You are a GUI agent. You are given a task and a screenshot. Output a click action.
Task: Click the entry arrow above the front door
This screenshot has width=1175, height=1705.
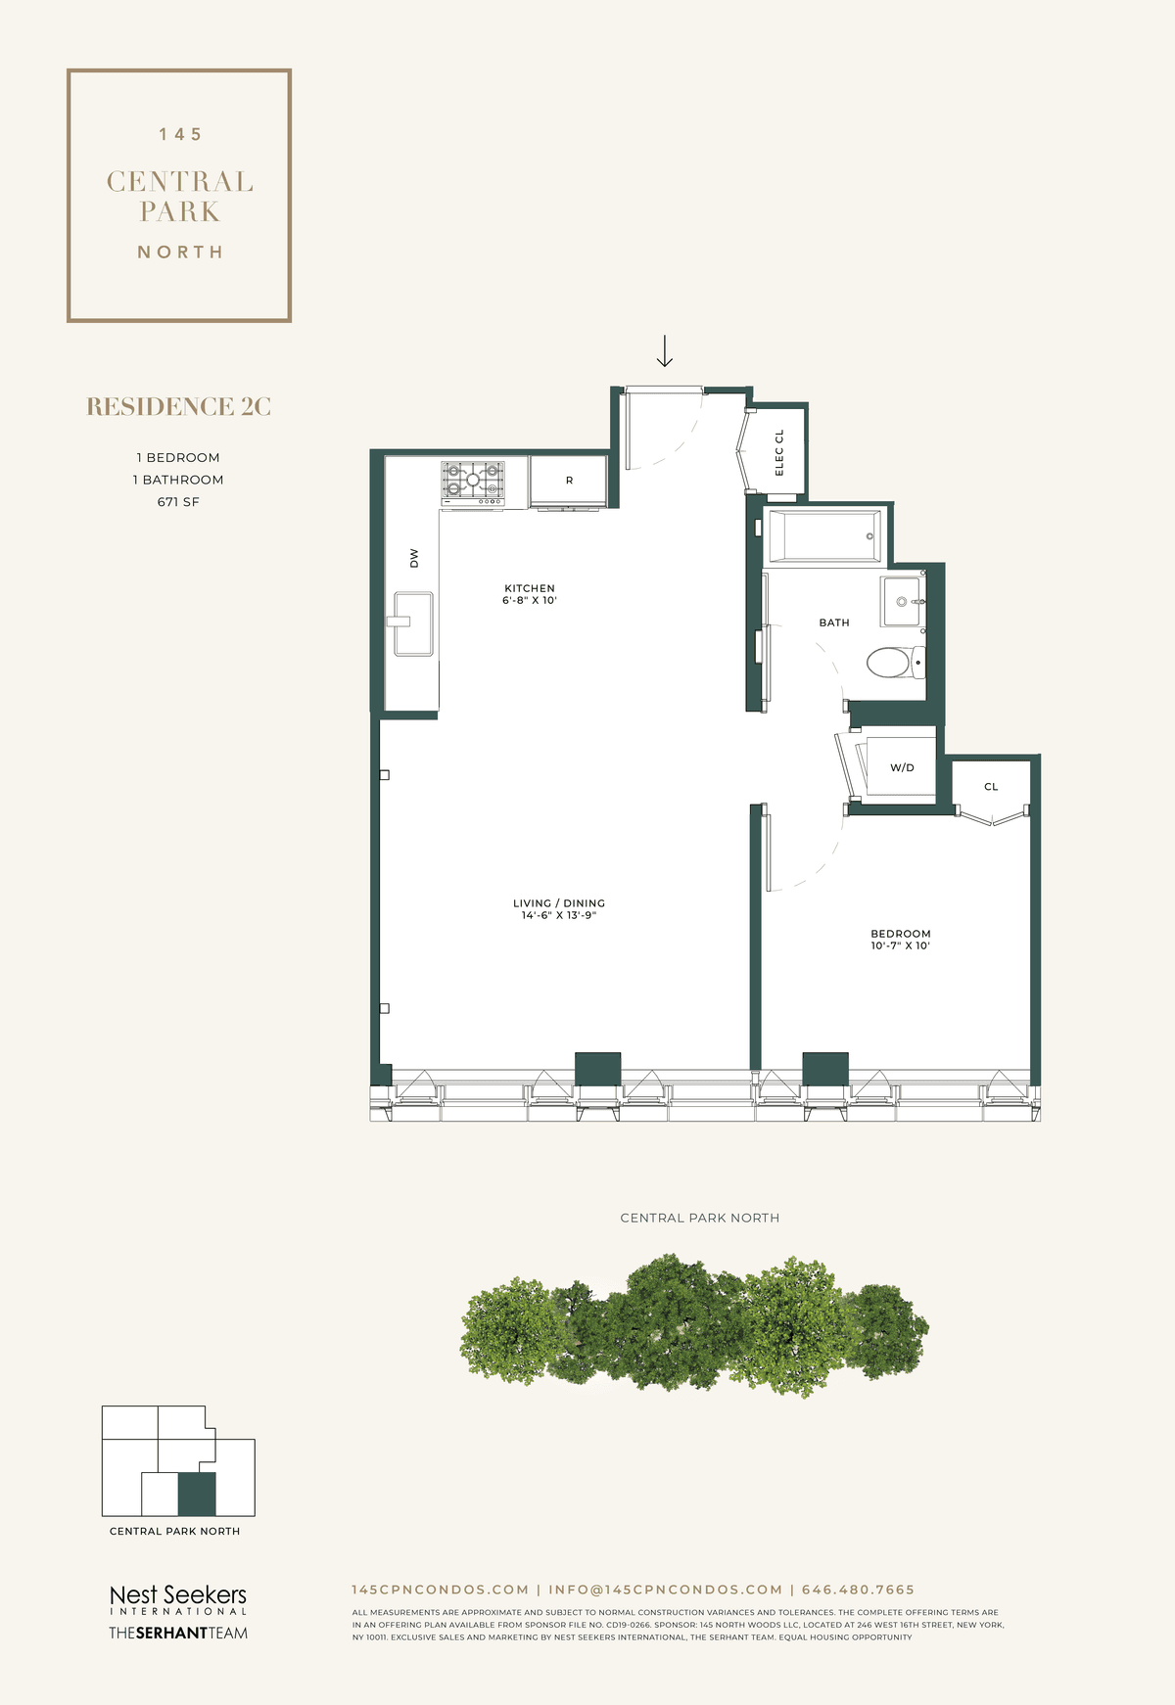pos(665,351)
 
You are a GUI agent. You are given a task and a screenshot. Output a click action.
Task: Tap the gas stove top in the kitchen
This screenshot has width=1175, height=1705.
pos(473,481)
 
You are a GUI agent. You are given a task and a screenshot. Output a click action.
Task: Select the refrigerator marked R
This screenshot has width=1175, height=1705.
pos(569,481)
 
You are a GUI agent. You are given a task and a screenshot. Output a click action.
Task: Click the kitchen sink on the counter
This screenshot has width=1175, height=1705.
pos(413,623)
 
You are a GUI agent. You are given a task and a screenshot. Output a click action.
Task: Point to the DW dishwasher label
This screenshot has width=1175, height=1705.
pos(414,558)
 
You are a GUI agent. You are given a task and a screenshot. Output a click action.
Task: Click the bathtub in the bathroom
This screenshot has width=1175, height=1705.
pos(824,535)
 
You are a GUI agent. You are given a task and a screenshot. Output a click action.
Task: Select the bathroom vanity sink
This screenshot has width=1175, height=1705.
pos(902,601)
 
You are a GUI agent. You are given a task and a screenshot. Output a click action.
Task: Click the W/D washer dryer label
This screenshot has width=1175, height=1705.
pos(902,767)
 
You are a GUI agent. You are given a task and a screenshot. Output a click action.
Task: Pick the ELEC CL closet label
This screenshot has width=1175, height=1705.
pos(779,452)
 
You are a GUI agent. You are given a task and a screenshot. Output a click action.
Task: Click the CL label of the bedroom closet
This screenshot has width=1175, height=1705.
pos(991,787)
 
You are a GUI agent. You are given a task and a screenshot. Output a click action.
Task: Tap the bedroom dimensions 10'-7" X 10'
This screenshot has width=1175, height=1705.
pos(900,945)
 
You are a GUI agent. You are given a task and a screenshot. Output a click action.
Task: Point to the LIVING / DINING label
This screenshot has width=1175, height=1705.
pos(559,903)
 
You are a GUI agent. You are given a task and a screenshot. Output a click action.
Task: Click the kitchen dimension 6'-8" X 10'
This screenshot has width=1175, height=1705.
pos(530,600)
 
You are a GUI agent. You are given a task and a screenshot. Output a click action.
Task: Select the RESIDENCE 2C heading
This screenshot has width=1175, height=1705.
pos(179,407)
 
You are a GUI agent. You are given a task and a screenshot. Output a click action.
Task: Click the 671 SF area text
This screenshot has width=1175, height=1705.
pos(178,502)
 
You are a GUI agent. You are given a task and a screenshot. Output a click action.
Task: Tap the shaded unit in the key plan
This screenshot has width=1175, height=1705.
pos(197,1494)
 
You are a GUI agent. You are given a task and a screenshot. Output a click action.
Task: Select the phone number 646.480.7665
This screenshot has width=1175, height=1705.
pos(858,1590)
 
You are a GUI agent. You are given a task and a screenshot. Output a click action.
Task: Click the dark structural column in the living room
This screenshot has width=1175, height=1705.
pos(597,1069)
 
